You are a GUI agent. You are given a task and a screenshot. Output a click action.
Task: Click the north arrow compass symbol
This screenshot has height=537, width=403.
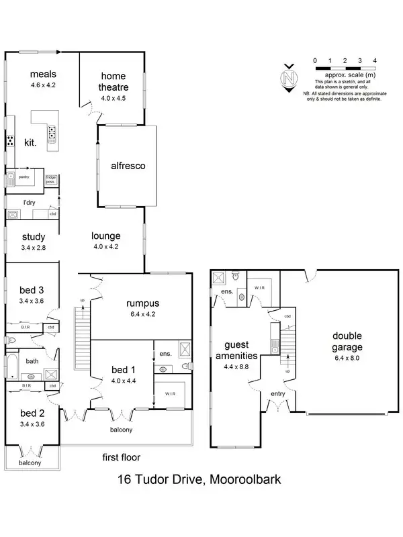click(290, 78)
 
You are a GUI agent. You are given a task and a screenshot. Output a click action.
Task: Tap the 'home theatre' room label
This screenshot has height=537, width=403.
click(114, 76)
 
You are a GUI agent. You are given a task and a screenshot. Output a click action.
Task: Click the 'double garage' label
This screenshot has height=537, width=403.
click(347, 342)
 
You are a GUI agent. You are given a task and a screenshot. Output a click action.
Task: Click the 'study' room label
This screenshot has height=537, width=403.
click(33, 236)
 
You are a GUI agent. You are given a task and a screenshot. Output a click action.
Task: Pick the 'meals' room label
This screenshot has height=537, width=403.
click(42, 74)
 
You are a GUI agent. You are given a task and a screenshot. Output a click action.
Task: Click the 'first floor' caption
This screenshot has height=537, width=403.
click(121, 458)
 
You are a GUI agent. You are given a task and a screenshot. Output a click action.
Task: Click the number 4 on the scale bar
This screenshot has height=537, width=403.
click(374, 61)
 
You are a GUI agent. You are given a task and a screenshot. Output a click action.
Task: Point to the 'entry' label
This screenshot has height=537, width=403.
click(277, 394)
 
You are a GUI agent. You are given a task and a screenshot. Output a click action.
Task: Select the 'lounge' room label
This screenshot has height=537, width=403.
click(106, 236)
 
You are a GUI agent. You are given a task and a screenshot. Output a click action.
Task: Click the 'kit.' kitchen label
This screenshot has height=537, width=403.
click(30, 142)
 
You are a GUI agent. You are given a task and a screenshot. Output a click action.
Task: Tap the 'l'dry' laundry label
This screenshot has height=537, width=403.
click(29, 202)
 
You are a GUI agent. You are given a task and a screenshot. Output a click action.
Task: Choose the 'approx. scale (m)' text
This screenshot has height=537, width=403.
click(345, 76)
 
